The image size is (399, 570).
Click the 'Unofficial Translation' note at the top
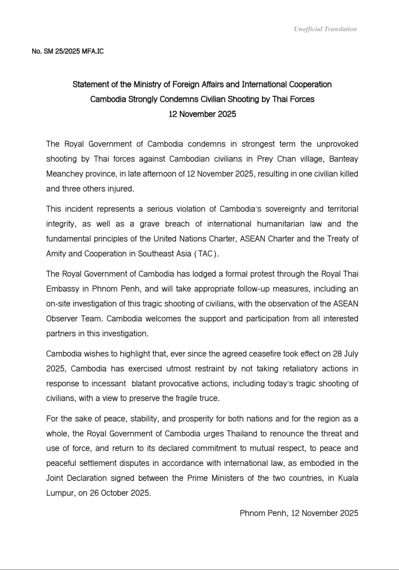(x=325, y=29)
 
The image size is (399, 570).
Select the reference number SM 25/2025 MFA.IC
(x=68, y=51)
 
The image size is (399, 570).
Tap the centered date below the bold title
(x=202, y=114)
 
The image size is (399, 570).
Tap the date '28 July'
(x=344, y=354)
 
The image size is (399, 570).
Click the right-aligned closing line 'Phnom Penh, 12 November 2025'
(x=299, y=513)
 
